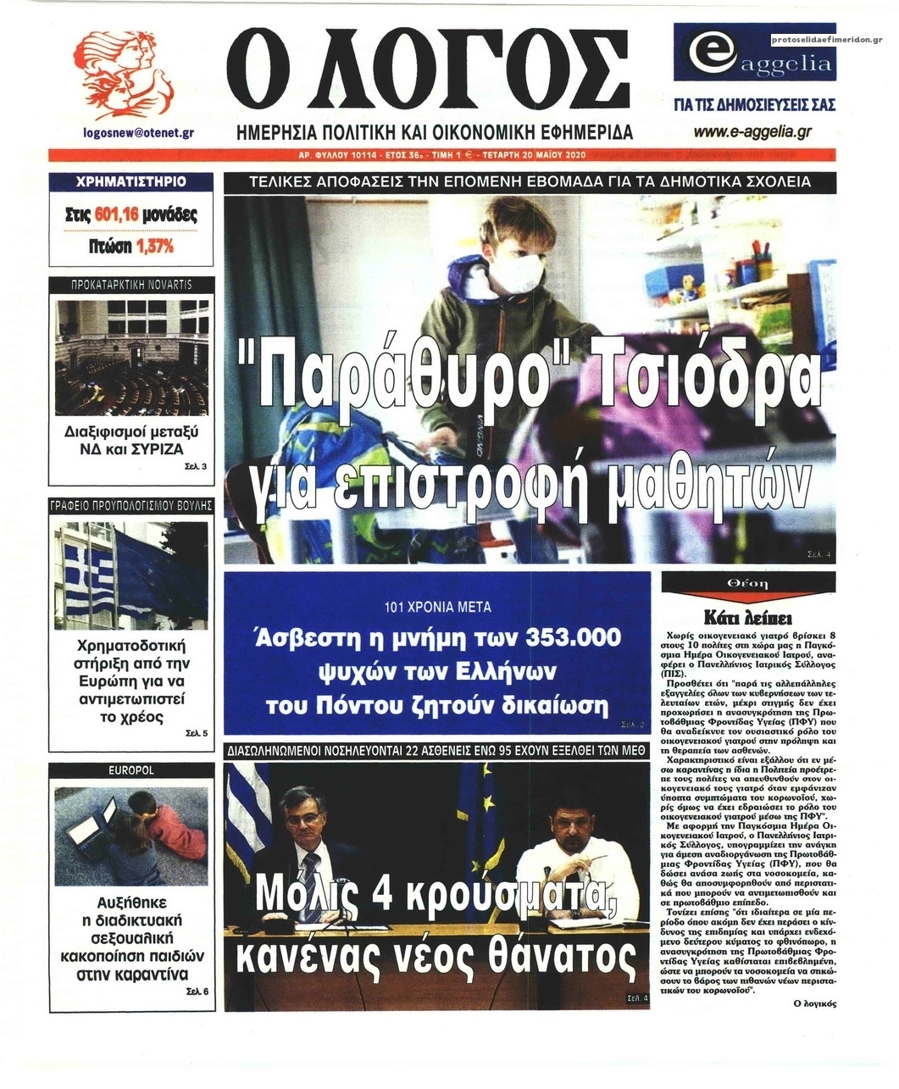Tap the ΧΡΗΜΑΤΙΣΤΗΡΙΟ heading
130,181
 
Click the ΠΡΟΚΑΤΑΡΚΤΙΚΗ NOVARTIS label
130,285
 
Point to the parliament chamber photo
130,357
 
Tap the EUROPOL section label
130,770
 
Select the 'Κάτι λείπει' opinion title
747,616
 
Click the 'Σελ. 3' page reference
196,466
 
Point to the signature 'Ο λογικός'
814,1003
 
